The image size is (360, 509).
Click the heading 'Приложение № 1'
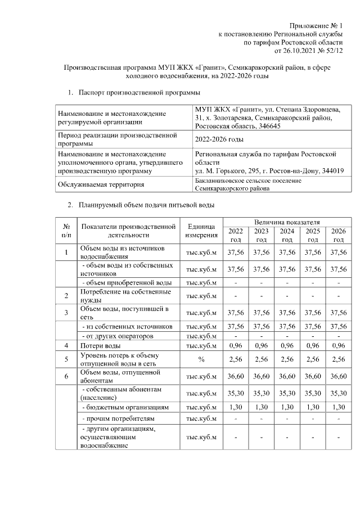(x=316, y=26)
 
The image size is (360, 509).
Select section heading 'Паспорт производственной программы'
(x=139, y=91)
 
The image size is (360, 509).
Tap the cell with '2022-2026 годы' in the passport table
(x=219, y=139)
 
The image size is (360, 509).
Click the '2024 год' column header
(x=287, y=236)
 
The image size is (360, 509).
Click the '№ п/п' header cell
(x=66, y=231)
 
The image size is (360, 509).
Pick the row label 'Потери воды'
(x=100, y=345)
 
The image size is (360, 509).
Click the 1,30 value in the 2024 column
(x=287, y=406)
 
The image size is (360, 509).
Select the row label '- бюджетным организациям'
(x=121, y=406)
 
